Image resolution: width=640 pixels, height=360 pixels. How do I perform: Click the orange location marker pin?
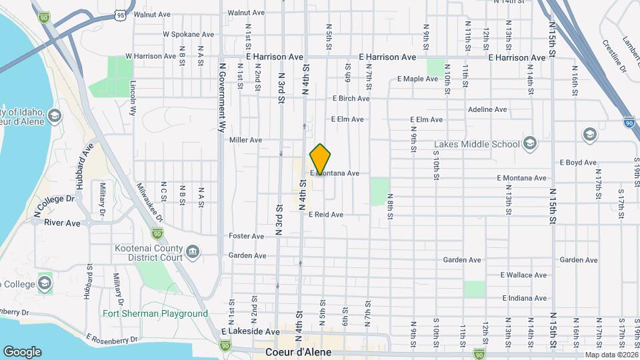[321, 159]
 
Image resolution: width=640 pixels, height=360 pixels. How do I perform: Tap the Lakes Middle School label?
[477, 144]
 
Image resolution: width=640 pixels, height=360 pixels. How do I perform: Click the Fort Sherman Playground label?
[155, 313]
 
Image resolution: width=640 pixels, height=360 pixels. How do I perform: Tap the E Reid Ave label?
[326, 215]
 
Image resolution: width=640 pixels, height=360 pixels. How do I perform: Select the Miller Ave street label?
[245, 140]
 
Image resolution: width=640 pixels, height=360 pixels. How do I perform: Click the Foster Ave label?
[247, 236]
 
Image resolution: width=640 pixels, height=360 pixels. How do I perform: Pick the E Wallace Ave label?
[523, 275]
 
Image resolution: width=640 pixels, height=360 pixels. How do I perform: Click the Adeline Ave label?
[488, 109]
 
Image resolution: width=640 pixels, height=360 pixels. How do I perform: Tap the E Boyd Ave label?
[577, 162]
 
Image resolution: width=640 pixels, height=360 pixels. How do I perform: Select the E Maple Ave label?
[417, 79]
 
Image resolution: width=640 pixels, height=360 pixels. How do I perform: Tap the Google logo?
[22, 351]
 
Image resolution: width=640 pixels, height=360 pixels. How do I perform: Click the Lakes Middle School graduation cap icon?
[529, 143]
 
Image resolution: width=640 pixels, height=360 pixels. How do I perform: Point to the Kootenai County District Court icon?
[192, 251]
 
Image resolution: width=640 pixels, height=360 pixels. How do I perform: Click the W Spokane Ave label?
[189, 34]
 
